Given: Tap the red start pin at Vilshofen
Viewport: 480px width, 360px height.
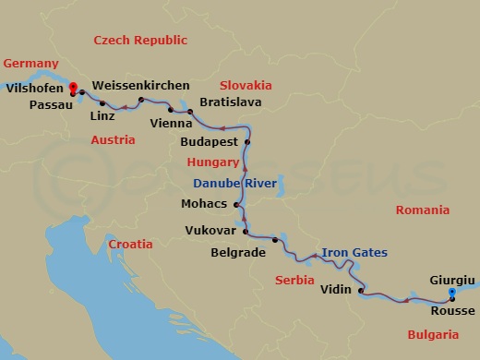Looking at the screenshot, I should click(x=73, y=89).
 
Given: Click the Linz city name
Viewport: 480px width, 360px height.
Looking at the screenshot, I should click(x=102, y=117).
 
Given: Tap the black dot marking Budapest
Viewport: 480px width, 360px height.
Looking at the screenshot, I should click(x=247, y=142).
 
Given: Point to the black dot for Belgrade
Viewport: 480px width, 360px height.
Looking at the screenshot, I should click(x=275, y=240).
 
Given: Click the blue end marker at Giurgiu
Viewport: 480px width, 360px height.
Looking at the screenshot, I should click(x=451, y=294).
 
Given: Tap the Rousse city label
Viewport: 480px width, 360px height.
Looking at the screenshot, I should click(x=452, y=310).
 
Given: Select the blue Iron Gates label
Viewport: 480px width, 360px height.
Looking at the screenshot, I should click(x=354, y=252).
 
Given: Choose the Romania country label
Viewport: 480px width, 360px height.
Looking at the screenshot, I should click(x=422, y=210).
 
